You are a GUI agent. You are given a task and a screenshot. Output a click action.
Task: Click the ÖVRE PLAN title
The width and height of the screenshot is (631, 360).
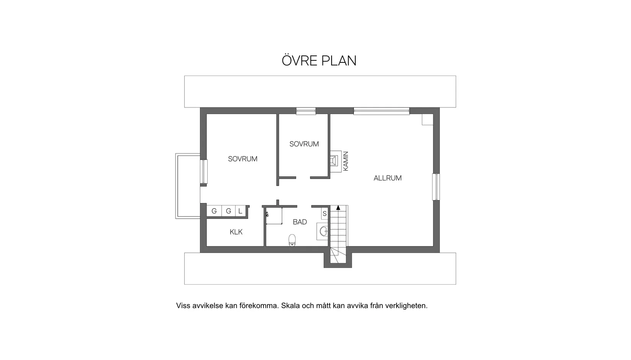pos(319,60)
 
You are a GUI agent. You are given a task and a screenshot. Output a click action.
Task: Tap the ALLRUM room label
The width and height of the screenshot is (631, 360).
pos(388,178)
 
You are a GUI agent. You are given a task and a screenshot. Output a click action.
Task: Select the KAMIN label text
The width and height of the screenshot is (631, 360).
pos(346,161)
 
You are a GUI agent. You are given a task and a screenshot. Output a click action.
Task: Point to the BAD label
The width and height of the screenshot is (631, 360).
pos(300,222)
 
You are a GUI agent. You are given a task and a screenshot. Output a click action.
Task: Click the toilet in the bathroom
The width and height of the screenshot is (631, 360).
pos(292,241)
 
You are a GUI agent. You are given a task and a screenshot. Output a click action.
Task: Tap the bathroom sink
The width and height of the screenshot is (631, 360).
pos(324,231)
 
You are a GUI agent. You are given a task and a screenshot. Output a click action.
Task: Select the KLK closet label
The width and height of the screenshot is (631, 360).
pos(236,232)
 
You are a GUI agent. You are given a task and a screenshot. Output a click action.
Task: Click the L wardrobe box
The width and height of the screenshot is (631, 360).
pos(240,211)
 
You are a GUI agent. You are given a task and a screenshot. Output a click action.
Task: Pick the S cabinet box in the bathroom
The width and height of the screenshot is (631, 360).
pos(325,214)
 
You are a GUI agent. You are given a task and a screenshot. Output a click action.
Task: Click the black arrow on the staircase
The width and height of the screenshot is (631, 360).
pos(338,208)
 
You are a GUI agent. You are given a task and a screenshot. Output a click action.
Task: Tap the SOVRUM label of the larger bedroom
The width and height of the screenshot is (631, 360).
pos(243,159)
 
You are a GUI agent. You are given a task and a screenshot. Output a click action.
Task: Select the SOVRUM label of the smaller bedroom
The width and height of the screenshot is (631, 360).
pos(304,144)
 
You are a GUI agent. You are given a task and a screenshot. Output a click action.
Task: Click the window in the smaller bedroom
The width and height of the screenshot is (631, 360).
pos(306,111)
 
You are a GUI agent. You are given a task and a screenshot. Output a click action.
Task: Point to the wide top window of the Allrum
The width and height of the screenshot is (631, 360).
pos(381,111)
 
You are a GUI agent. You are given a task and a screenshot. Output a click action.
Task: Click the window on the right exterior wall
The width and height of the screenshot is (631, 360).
pos(436,187)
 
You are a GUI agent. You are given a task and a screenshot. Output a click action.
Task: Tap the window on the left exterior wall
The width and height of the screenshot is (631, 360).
pos(204,171)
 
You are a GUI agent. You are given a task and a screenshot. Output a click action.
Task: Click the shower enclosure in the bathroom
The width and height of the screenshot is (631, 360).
pos(274,216)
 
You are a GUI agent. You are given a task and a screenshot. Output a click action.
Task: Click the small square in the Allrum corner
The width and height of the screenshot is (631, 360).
pos(427,119)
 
